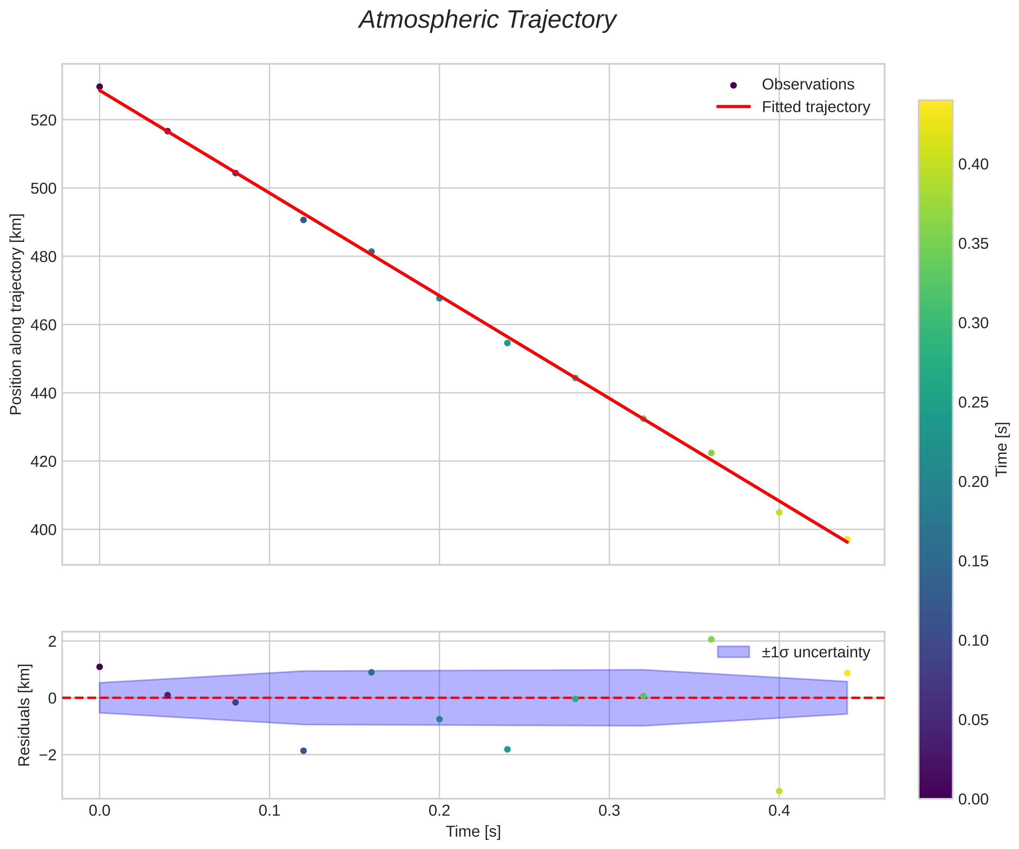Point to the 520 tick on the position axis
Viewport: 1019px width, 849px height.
click(44, 120)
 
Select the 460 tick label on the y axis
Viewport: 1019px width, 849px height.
click(44, 325)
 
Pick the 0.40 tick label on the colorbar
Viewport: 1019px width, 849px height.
click(973, 164)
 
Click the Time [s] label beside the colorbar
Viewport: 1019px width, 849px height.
click(1002, 449)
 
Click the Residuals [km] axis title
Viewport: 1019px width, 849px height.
click(24, 715)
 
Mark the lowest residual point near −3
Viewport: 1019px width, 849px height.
click(779, 791)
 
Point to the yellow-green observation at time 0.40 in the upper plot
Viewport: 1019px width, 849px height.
click(779, 512)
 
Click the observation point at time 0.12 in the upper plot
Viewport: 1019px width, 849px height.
click(304, 220)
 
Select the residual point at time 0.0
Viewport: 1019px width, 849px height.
click(99, 666)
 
